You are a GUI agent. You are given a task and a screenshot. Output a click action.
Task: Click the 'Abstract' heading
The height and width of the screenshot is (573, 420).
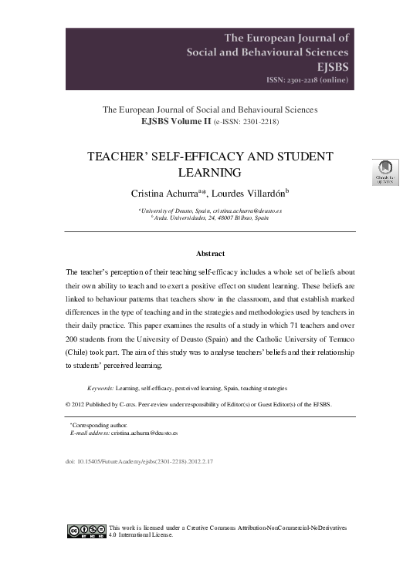pyautogui.click(x=210, y=252)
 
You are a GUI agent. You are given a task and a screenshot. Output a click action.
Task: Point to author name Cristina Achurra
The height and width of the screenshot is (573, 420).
pyautogui.click(x=163, y=192)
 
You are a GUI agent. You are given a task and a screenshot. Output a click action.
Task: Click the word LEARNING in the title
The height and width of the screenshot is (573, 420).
pyautogui.click(x=210, y=173)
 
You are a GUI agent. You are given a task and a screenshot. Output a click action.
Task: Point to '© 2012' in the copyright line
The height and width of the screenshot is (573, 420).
pyautogui.click(x=74, y=403)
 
